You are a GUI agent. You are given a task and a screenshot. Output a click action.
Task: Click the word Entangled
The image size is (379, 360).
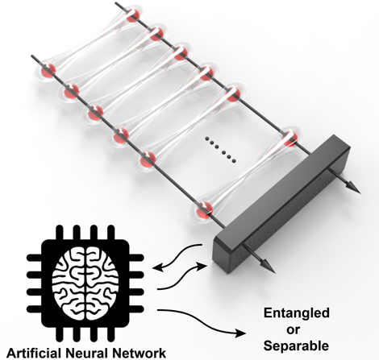point(297,313)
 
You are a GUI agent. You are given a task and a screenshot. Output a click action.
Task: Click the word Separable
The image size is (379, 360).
point(296,346)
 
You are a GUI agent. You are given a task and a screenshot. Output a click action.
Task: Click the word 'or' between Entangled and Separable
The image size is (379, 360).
point(293,329)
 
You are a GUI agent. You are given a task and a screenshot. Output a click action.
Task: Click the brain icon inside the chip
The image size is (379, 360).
point(85,280)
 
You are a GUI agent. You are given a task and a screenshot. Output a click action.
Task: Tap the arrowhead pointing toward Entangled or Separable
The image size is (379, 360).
point(240,333)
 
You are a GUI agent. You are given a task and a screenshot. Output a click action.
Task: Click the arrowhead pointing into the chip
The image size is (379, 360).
point(158,267)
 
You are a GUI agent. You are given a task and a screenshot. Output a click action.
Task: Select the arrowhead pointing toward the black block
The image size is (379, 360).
point(202,266)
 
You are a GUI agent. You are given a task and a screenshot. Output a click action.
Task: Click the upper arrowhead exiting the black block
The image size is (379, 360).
point(353,187)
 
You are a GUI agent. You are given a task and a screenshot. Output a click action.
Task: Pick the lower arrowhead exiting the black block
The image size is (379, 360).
point(268,267)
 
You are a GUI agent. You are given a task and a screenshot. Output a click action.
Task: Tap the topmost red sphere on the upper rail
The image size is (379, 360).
point(133,15)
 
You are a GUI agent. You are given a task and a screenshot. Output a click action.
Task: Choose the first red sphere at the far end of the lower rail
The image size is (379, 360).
point(48,70)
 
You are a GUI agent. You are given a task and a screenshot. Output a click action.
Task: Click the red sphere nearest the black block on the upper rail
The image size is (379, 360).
point(289,139)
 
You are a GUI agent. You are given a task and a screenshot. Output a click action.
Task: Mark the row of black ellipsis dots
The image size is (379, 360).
point(220,150)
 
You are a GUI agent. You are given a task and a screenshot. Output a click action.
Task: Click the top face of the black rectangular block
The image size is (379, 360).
point(281,188)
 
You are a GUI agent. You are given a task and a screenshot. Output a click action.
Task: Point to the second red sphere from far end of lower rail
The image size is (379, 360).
point(72,91)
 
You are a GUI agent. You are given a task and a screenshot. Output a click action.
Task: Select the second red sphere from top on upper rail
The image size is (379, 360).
point(156,34)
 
